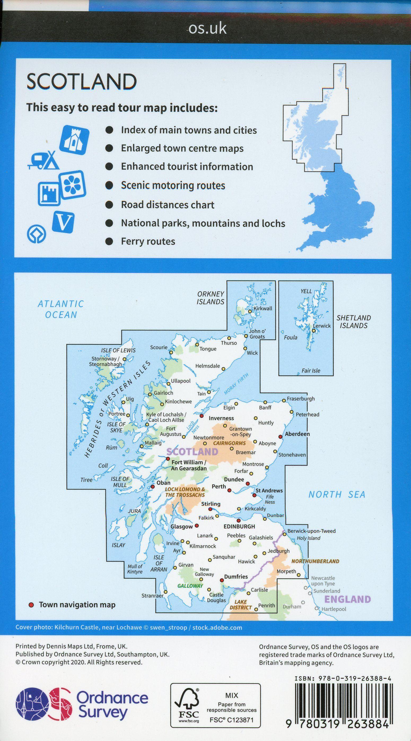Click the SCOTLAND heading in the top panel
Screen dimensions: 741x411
pyautogui.click(x=81, y=81)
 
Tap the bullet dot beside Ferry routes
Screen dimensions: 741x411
pyautogui.click(x=109, y=241)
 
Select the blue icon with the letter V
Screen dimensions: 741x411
pyautogui.click(x=63, y=222)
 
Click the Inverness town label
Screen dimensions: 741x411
pyautogui.click(x=221, y=418)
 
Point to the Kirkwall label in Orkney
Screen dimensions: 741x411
pyautogui.click(x=263, y=308)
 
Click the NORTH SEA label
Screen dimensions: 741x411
pyautogui.click(x=336, y=495)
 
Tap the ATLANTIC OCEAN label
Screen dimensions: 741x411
pyautogui.click(x=61, y=309)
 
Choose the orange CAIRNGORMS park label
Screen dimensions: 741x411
pyautogui.click(x=229, y=443)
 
